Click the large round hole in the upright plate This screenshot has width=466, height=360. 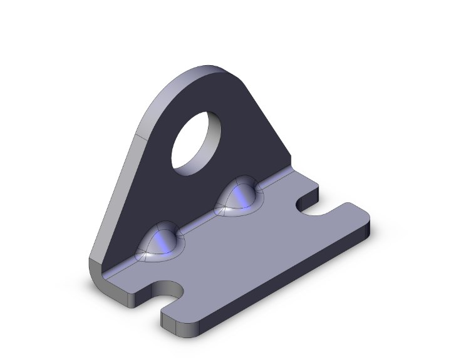click(197, 142)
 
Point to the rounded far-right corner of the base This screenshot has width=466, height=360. click(366, 216)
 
